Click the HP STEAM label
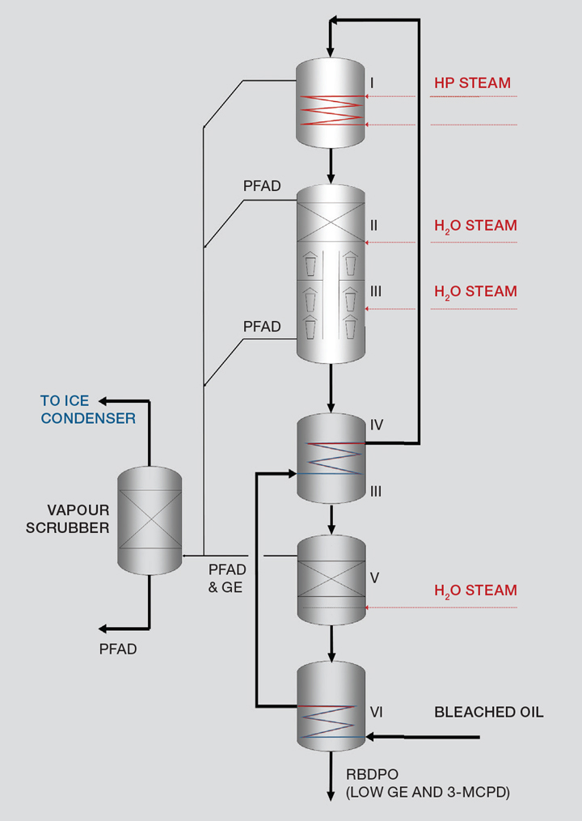coord(472,83)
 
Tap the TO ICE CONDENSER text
coord(88,409)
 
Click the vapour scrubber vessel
coord(150,520)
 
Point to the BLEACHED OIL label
coord(489,713)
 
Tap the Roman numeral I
coord(372,83)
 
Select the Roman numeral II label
coord(374,226)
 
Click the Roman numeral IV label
coord(377,424)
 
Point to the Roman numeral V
coord(374,578)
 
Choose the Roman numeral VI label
coord(377,712)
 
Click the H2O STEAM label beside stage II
coord(475,226)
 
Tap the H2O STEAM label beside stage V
coord(475,590)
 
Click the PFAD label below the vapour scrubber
coord(118,649)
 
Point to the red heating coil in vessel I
coord(331,111)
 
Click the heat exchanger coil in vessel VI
coord(331,722)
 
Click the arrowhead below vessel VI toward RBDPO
coord(331,796)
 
